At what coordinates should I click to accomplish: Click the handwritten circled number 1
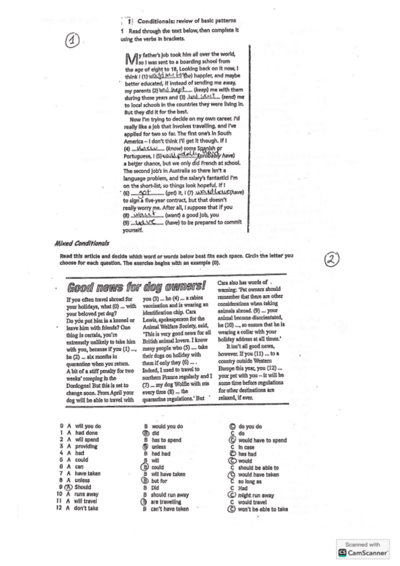tap(74, 41)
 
